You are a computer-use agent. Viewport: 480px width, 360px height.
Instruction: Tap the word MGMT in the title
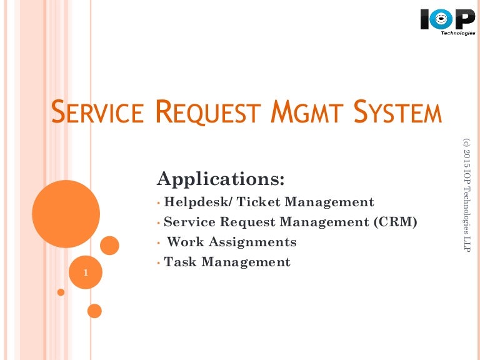(302, 113)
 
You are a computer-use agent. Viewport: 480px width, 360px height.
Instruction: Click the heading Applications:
(221, 179)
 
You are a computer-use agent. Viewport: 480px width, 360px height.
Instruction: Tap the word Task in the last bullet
(179, 262)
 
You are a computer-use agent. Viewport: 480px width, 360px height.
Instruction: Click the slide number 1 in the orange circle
(85, 273)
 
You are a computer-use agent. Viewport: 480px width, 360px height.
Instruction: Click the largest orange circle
(66, 214)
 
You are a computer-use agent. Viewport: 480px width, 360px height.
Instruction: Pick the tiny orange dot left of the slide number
(61, 292)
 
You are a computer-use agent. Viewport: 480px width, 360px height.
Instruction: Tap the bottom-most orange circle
(94, 311)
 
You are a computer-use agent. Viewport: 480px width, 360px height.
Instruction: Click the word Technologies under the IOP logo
(459, 33)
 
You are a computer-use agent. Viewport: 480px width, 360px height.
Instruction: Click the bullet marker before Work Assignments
(159, 242)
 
